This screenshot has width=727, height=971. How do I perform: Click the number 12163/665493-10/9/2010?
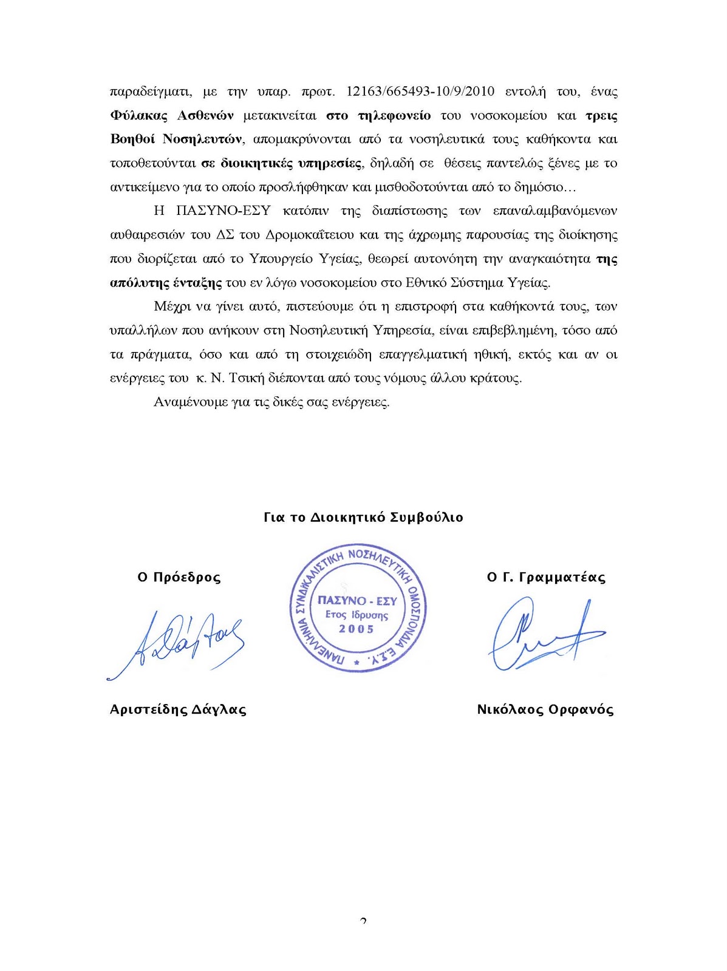(420, 92)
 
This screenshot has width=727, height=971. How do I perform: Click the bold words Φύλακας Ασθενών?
(172, 116)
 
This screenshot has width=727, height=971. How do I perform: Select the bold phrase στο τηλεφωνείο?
(378, 116)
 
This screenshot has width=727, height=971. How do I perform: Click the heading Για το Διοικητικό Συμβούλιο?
(363, 518)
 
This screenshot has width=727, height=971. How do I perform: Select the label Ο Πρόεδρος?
(179, 577)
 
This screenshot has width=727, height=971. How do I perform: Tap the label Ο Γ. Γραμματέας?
(546, 577)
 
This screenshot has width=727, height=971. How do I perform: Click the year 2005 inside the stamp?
(357, 629)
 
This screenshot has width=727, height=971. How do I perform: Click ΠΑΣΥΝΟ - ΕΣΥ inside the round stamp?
(357, 601)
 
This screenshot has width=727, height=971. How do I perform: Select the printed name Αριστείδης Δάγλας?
(178, 709)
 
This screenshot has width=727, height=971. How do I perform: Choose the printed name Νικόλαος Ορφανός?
(545, 709)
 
